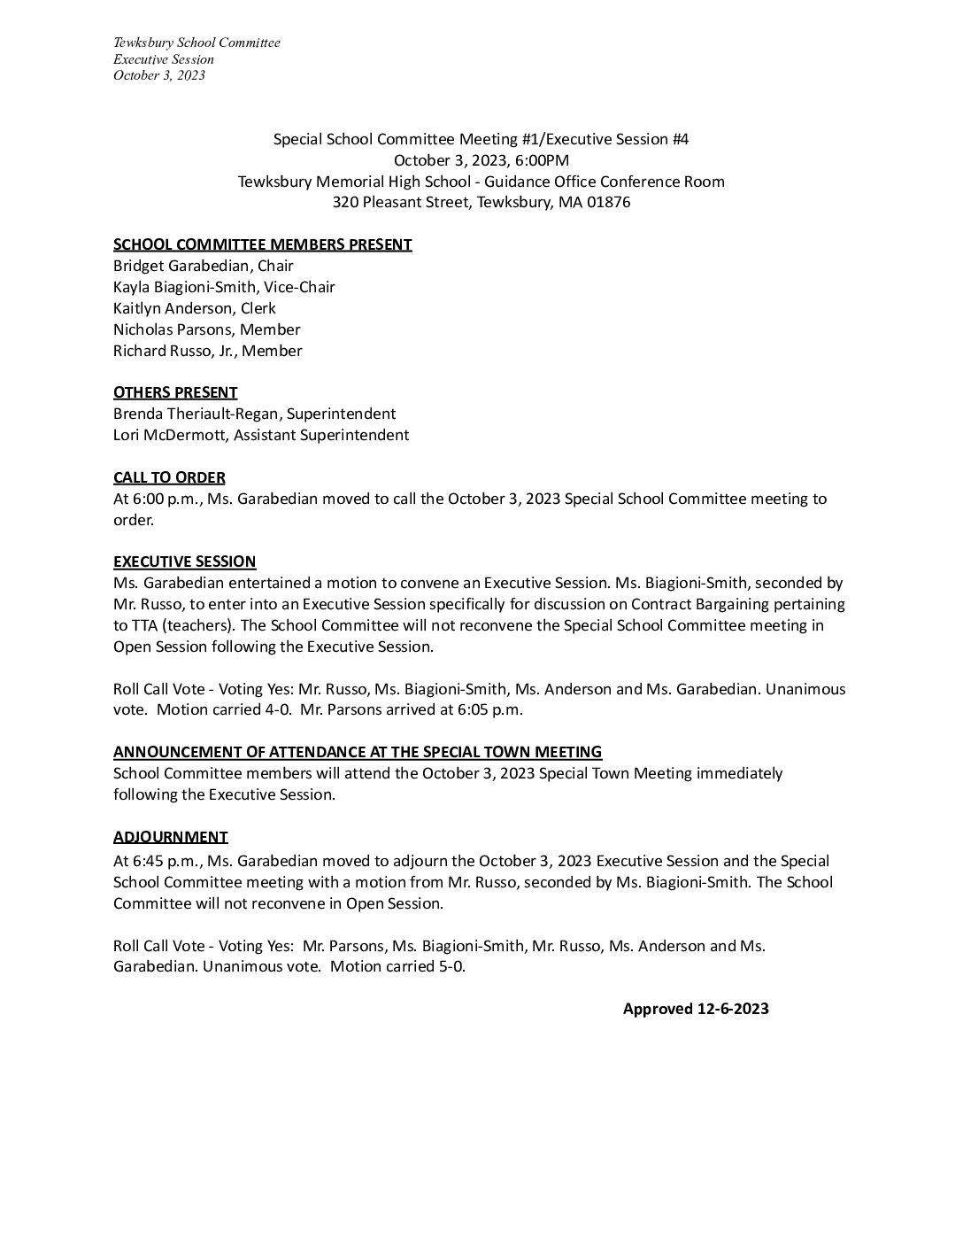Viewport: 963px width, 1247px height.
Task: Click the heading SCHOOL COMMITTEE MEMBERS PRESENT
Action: click(x=262, y=244)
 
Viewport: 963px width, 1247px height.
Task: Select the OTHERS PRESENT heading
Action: click(x=175, y=392)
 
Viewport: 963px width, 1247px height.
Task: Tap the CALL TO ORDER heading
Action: click(x=169, y=477)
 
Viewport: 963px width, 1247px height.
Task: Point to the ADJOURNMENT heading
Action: click(x=170, y=837)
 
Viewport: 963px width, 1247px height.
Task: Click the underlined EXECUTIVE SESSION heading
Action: click(x=184, y=562)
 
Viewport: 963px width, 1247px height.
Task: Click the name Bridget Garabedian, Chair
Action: click(x=203, y=266)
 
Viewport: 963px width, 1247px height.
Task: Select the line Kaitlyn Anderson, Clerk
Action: click(x=194, y=308)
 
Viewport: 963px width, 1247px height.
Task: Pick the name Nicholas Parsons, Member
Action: click(x=206, y=329)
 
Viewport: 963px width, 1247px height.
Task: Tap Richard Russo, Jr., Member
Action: click(x=207, y=351)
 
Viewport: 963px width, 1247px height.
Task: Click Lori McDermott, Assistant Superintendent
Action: click(x=260, y=435)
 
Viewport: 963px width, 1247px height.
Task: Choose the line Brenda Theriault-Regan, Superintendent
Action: click(x=254, y=414)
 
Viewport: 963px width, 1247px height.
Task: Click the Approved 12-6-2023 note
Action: click(x=695, y=1009)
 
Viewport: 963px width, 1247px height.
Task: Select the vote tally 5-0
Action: click(x=451, y=966)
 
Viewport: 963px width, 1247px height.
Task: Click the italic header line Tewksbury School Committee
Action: click(x=196, y=43)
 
